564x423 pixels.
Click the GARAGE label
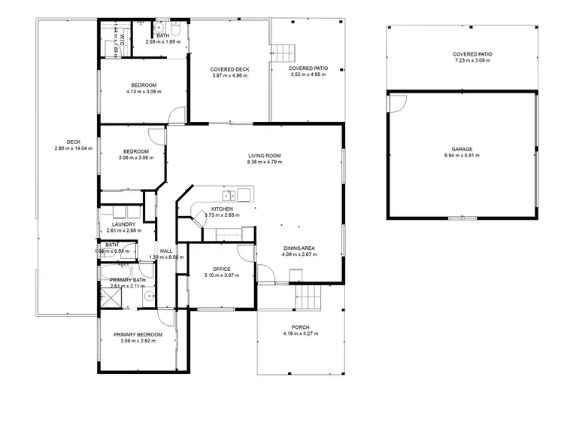tap(462, 150)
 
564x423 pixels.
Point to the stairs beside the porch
tap(306, 298)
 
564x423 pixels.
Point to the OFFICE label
tap(221, 268)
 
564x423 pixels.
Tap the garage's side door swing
tap(397, 105)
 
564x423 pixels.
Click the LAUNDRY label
tap(123, 224)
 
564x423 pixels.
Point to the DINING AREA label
tap(299, 248)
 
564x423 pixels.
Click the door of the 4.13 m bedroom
tap(176, 114)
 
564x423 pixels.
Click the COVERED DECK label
tap(230, 69)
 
